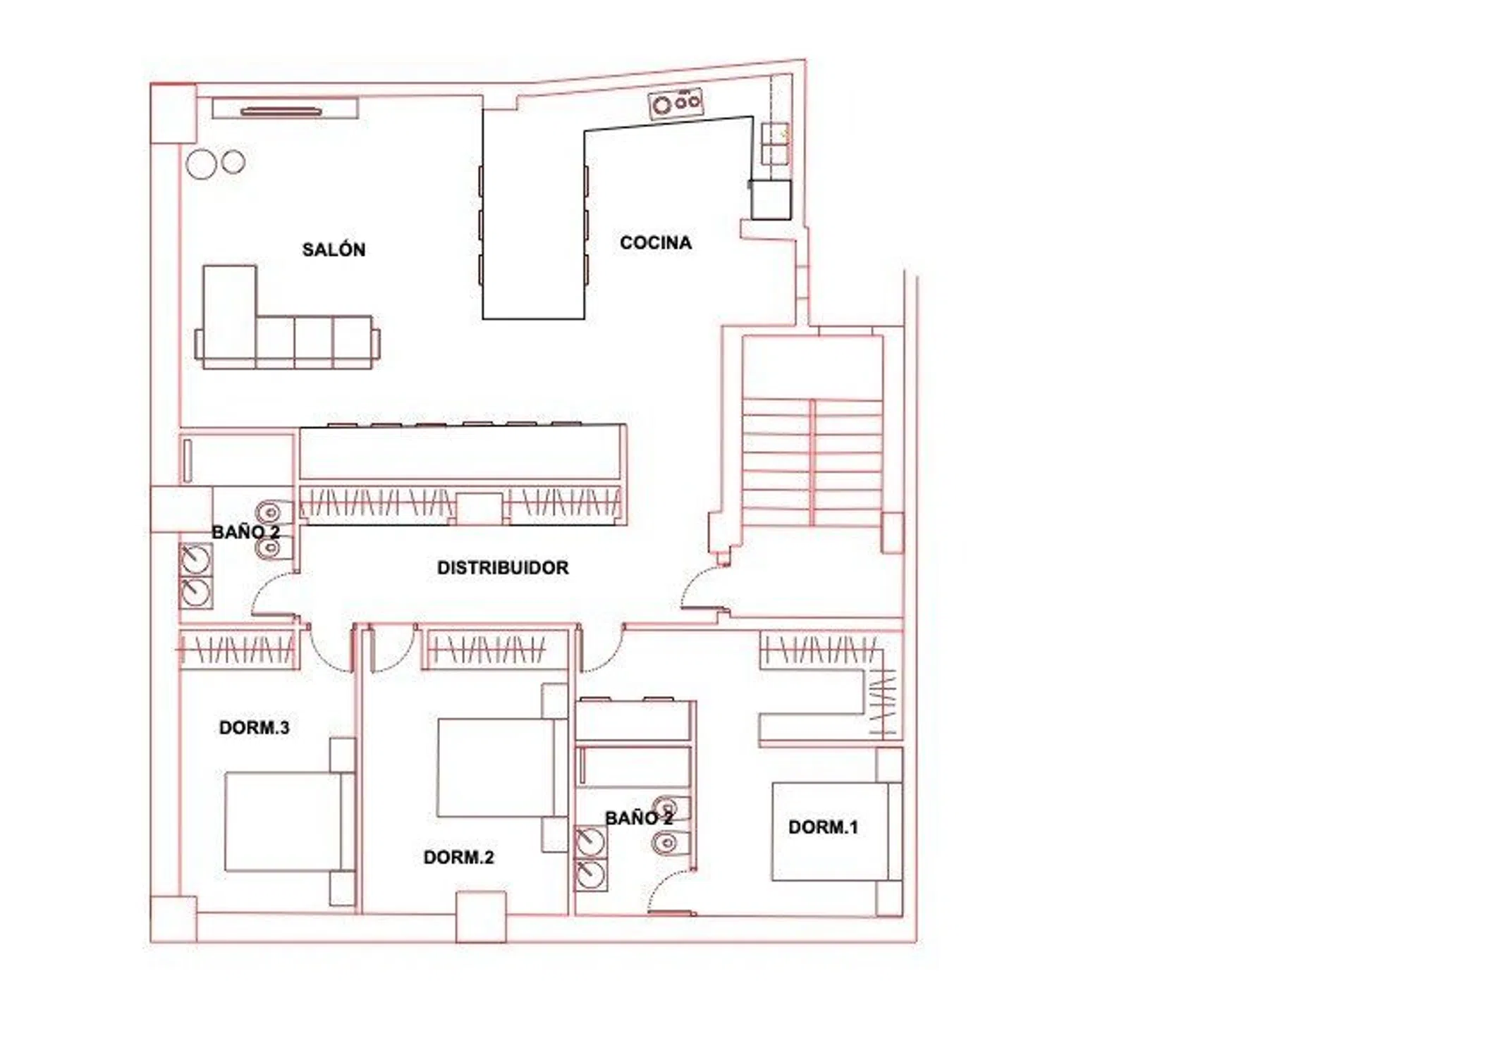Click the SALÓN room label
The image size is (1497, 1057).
point(334,249)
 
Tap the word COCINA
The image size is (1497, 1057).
point(656,242)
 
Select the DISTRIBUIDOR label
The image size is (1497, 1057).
point(503,567)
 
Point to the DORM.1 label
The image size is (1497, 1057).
point(823,827)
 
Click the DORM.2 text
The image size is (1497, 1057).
point(458,857)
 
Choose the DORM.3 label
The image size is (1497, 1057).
point(254,727)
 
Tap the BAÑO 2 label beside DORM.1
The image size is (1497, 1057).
point(639,817)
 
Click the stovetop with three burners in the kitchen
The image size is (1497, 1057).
point(676,104)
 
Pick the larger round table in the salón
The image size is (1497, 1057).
point(201,164)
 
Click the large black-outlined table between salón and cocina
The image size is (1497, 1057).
point(534,214)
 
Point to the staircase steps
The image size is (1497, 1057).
point(812,462)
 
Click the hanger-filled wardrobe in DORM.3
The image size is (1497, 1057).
point(238,649)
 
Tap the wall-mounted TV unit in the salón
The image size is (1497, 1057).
point(285,109)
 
